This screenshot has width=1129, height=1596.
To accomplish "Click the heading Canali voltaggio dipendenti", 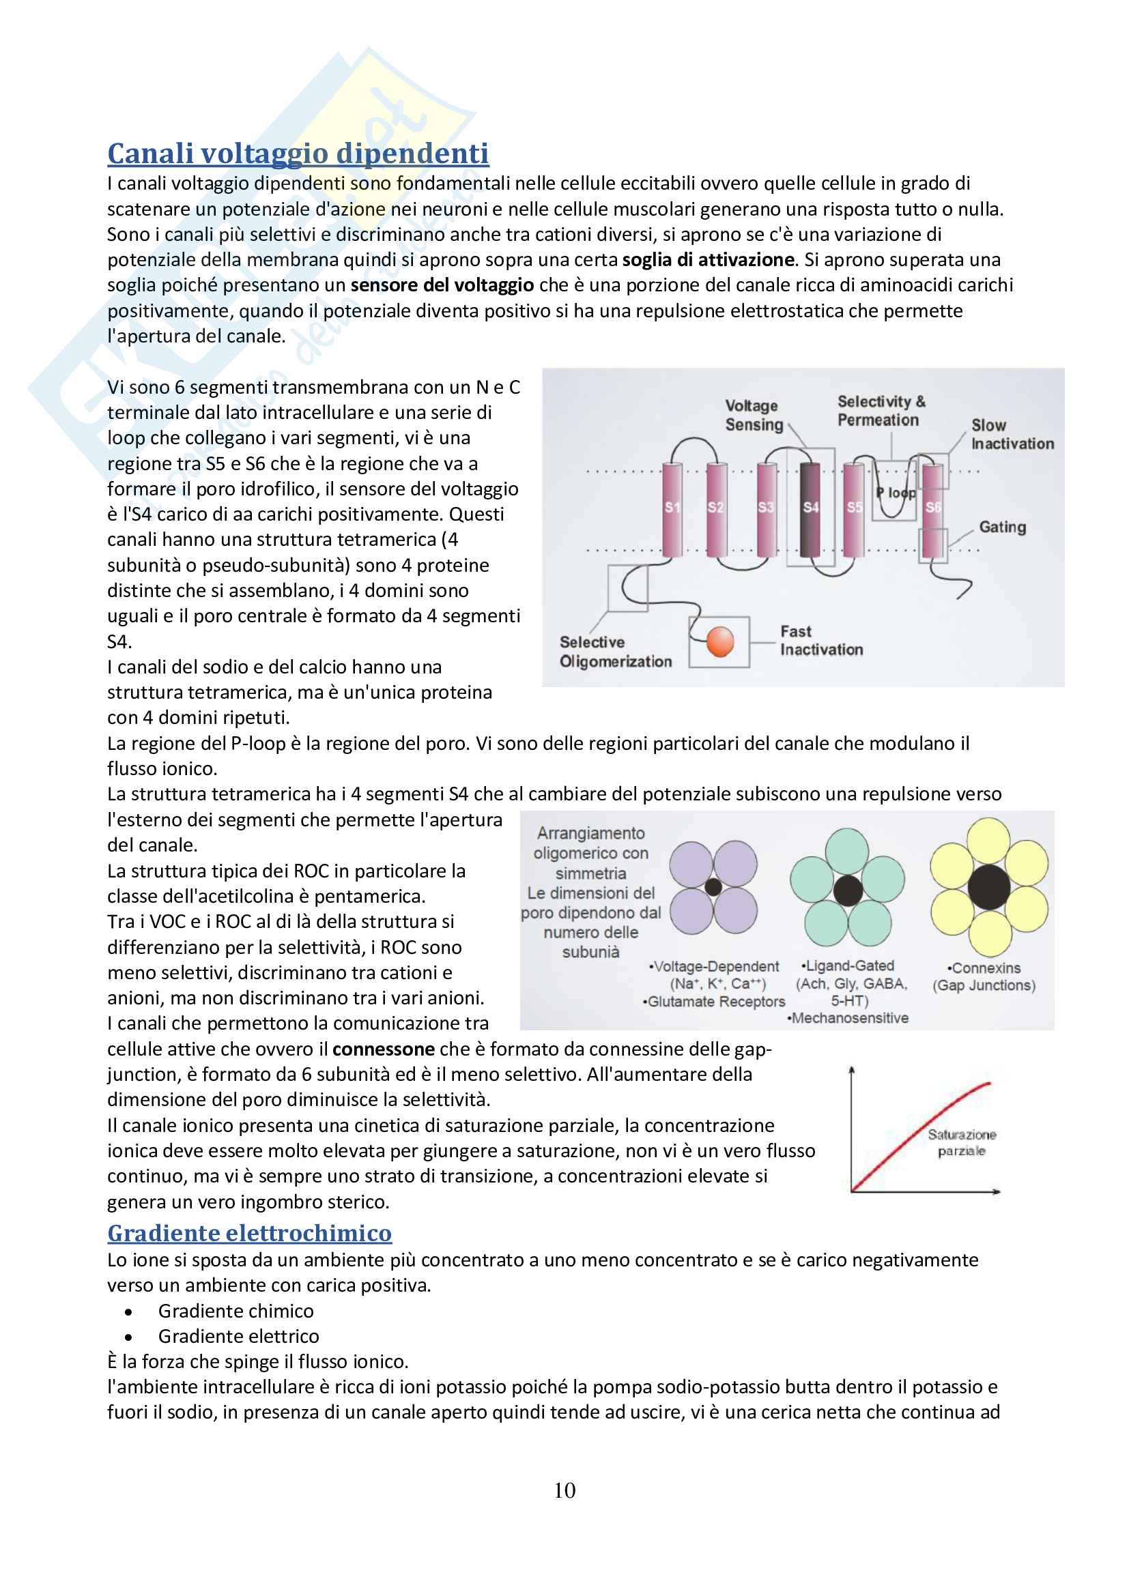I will click(298, 154).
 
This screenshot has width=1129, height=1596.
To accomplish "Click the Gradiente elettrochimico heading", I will click(250, 1232).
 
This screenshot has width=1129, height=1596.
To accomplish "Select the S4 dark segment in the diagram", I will click(810, 509).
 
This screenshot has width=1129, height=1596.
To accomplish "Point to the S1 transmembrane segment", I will click(672, 509).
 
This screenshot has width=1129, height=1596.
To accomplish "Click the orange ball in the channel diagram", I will click(719, 641).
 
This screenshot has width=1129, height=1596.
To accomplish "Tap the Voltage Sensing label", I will click(754, 415).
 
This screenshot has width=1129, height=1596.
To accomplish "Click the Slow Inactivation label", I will click(1012, 435).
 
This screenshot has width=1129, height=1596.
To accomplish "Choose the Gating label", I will click(1002, 527).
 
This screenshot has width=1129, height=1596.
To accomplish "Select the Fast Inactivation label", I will click(821, 640).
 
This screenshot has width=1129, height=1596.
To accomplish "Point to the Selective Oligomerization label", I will click(615, 652).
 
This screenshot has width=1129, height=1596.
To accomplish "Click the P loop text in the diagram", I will click(896, 493).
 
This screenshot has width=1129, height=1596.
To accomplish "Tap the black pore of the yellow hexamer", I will click(988, 887).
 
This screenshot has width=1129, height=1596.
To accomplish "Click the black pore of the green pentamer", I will click(848, 890).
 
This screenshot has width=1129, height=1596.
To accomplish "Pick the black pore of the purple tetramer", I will click(713, 886).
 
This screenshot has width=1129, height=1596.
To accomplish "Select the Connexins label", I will click(984, 968).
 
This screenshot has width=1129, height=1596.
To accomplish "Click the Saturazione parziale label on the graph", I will click(962, 1143).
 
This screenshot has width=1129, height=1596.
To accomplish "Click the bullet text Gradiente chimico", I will click(235, 1311).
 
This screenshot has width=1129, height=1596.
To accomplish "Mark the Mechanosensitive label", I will click(848, 1018).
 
